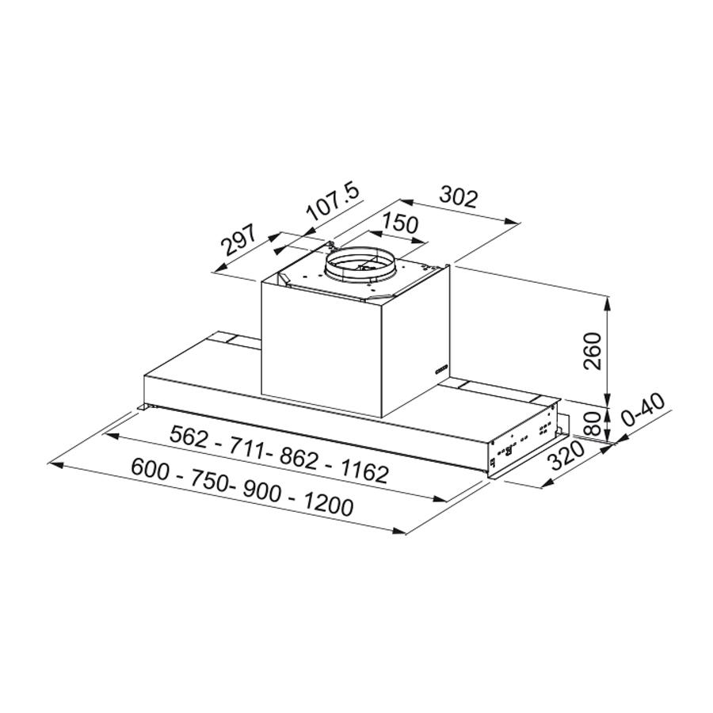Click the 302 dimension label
coord(459,198)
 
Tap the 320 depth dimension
coord(566,456)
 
